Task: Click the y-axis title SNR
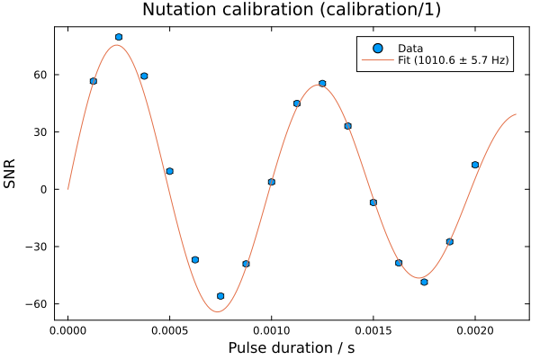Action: coord(11,173)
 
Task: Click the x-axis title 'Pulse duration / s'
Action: coord(292,347)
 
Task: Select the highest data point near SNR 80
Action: coord(119,37)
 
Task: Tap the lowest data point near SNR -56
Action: coord(220,296)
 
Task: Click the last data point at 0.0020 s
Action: coord(475,165)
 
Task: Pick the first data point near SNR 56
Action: coord(94,81)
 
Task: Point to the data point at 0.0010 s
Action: coord(272,182)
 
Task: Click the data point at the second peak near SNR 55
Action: coord(322,84)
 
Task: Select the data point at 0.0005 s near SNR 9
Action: coord(169,171)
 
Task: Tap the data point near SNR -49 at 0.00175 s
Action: coord(424,282)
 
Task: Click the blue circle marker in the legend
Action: coord(378,49)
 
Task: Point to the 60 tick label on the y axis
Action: coord(40,75)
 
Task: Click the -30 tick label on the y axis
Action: coord(36,247)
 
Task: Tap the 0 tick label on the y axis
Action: coord(43,189)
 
